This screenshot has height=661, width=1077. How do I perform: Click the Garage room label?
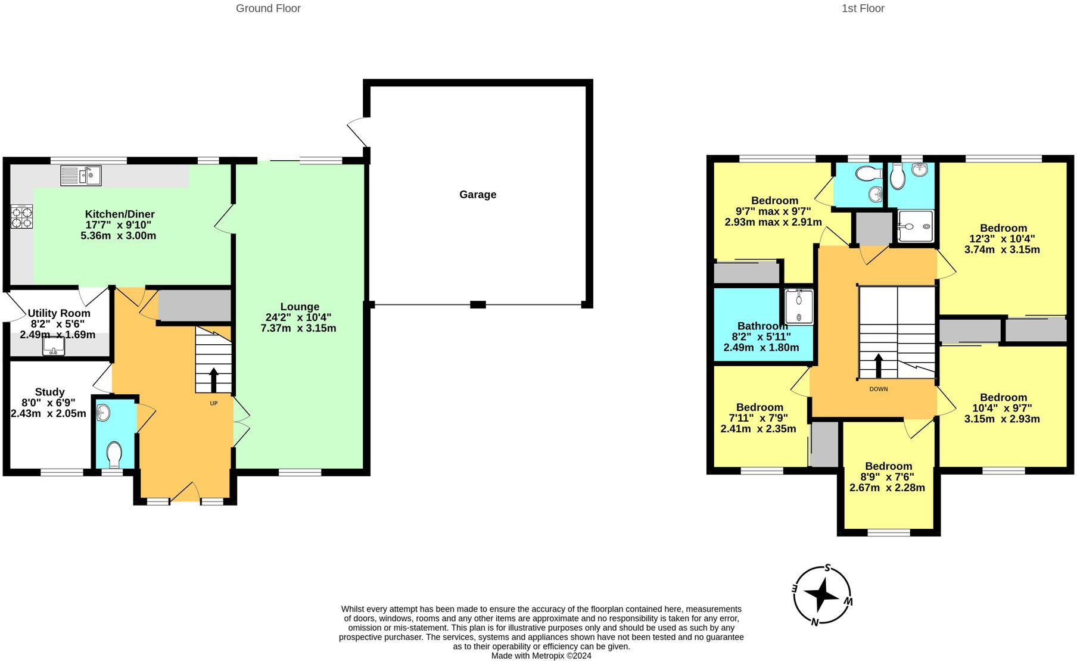coord(478,195)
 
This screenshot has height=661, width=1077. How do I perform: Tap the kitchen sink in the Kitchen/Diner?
coord(81,175)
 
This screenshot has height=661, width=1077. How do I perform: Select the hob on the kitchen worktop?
coord(22,217)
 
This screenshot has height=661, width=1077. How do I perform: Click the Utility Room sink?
coord(54,347)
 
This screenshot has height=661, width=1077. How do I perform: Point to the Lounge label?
coord(301,307)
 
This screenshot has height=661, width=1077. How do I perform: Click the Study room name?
coord(49,392)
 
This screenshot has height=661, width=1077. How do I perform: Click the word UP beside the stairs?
coord(213,404)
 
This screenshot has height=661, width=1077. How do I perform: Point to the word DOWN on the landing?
coord(879,389)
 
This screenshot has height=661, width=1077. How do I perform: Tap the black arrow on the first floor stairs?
coord(878,366)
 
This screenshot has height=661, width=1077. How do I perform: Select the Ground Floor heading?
coord(268,8)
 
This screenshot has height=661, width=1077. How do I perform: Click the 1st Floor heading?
coord(863,8)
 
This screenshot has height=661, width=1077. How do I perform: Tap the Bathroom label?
coord(762,326)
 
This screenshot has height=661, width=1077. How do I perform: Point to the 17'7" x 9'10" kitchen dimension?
coord(119,225)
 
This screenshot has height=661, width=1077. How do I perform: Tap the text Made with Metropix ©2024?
coord(541,656)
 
